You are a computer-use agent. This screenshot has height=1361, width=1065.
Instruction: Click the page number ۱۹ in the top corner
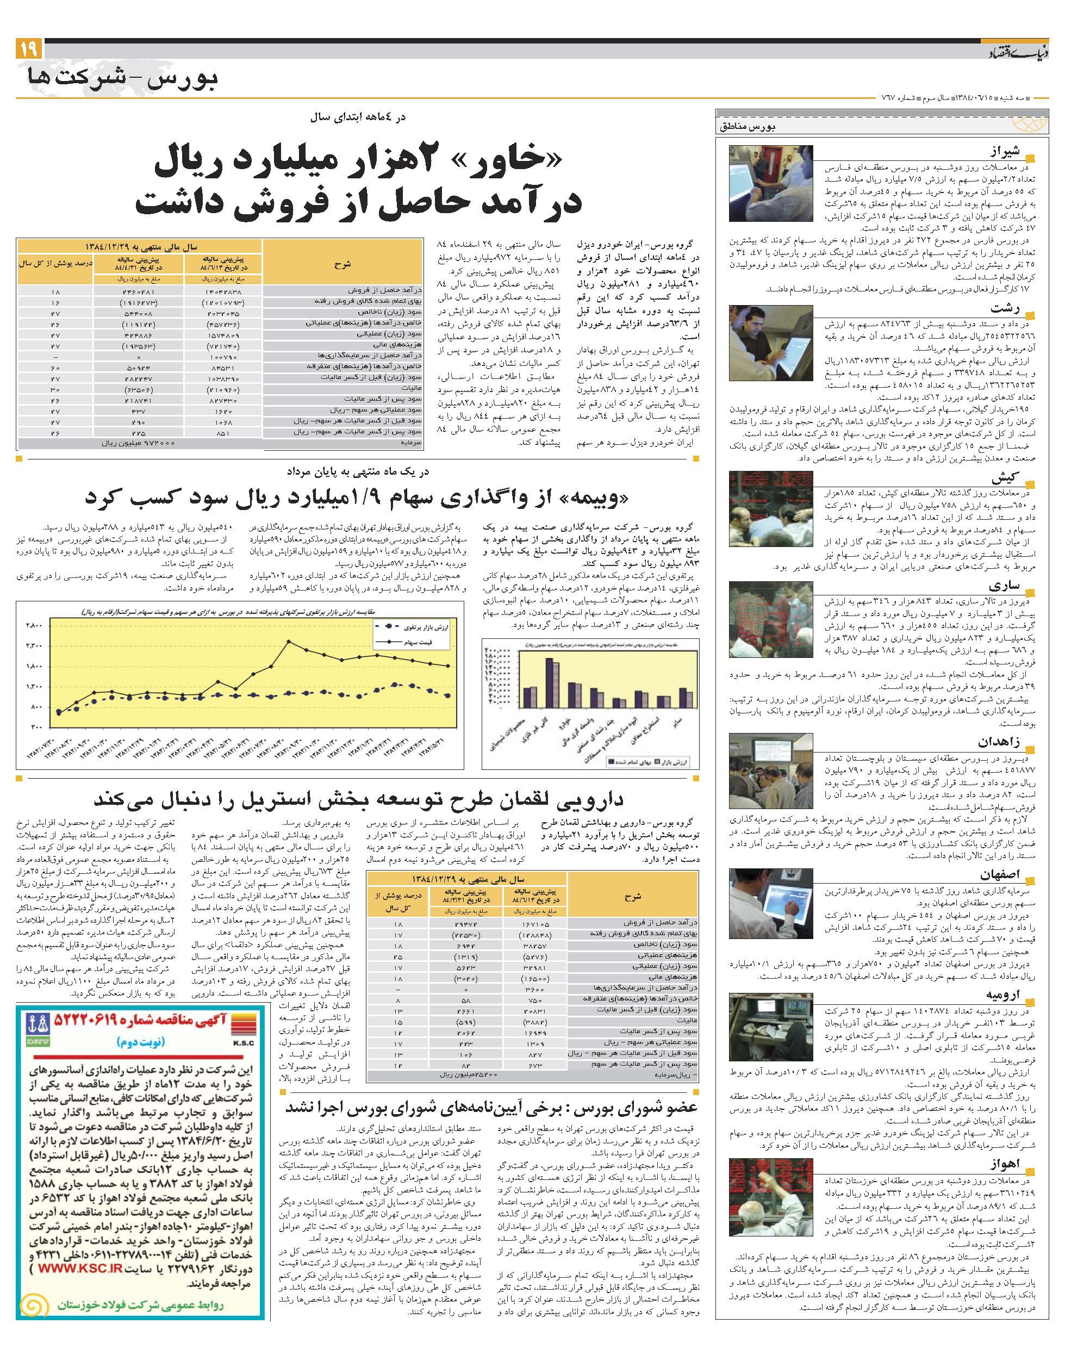coord(28,48)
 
